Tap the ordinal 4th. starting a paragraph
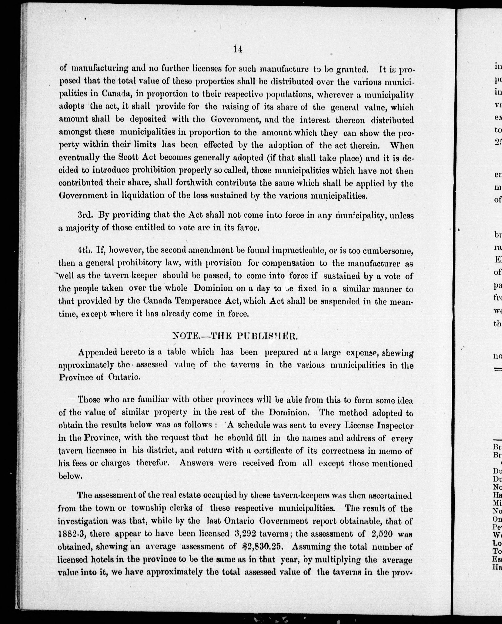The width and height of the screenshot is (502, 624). click(x=86, y=251)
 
